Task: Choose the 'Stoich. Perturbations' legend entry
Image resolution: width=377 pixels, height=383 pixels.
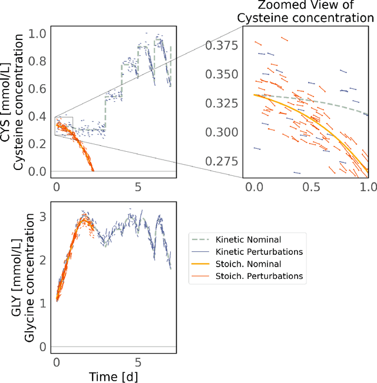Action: click(x=247, y=275)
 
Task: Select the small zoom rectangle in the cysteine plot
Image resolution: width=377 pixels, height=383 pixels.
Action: click(x=64, y=126)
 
